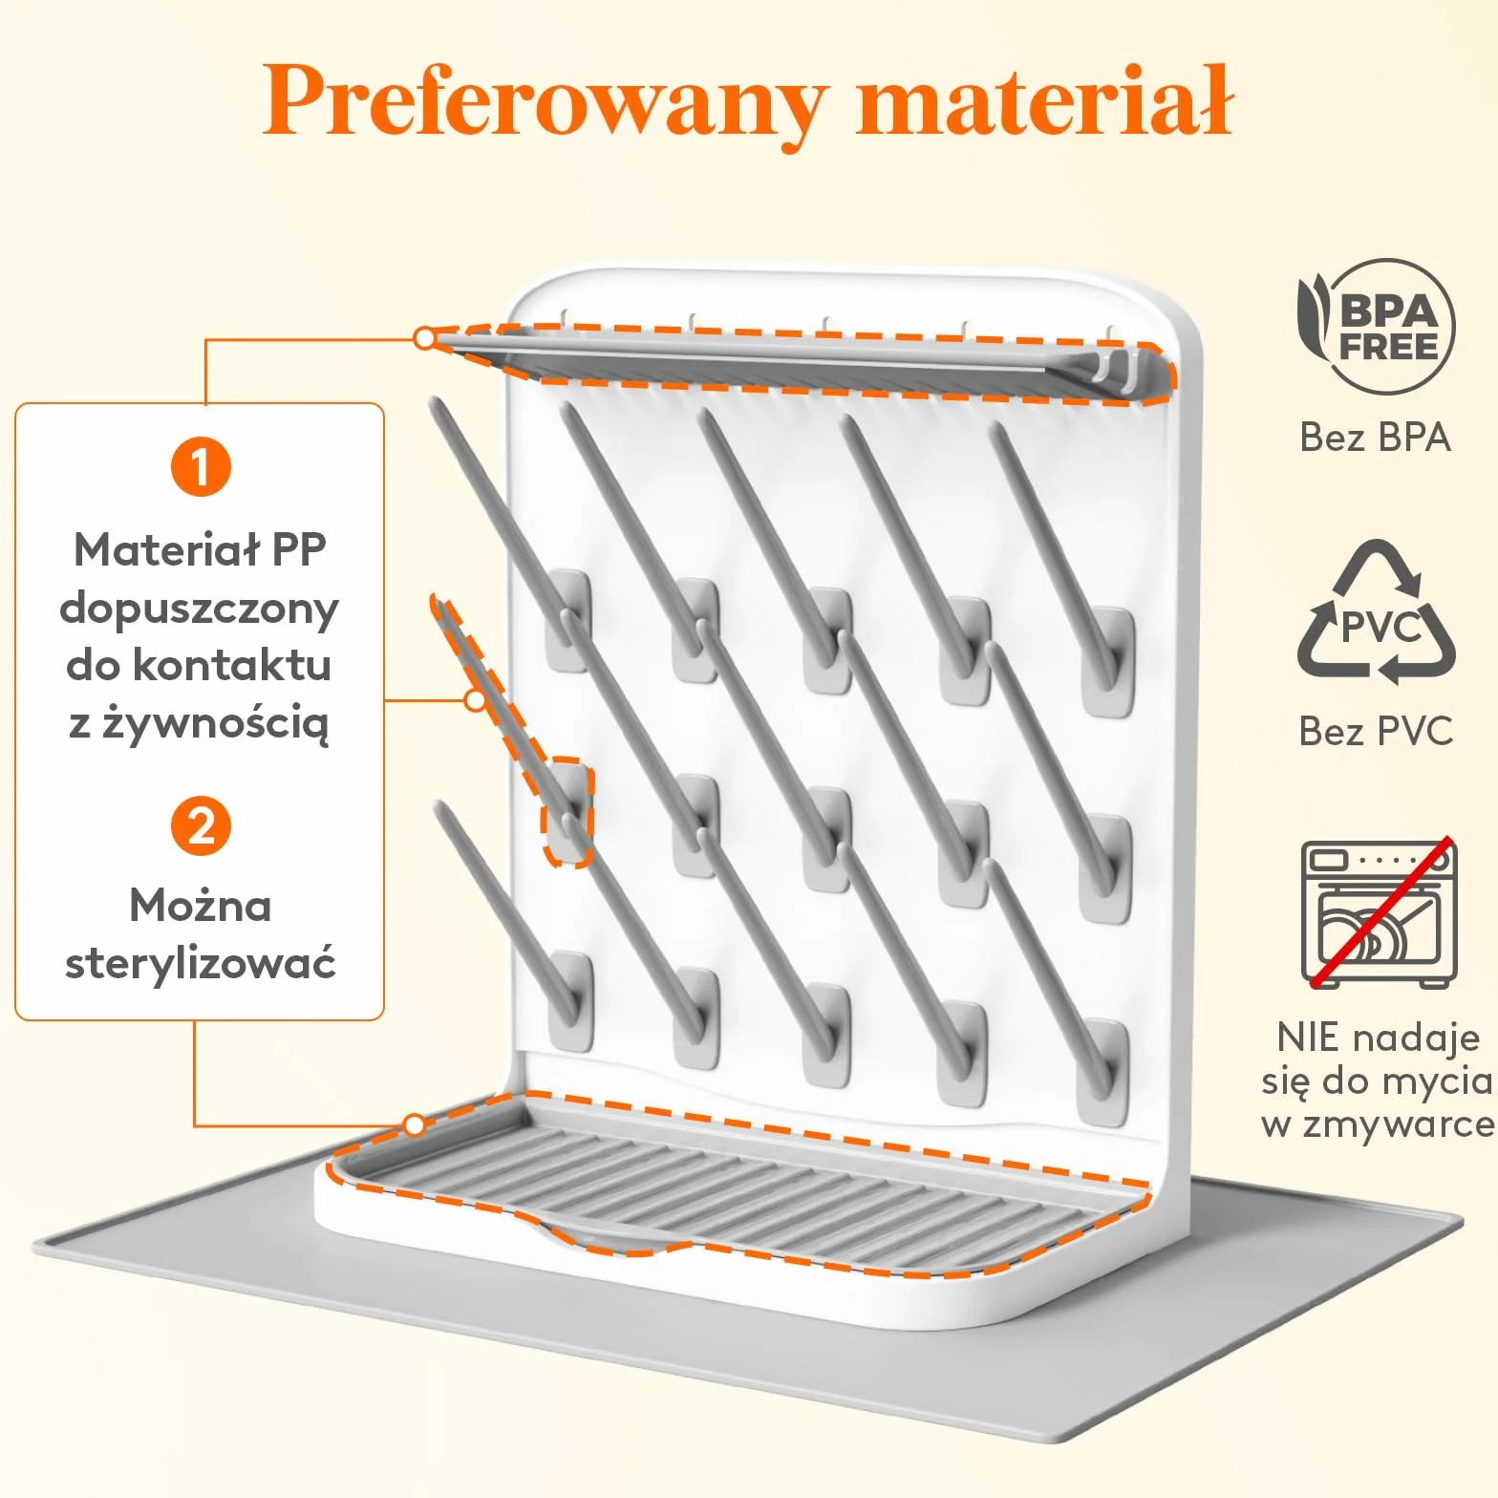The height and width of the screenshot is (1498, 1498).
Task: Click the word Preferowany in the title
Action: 545,101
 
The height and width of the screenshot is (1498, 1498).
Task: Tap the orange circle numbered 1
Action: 201,467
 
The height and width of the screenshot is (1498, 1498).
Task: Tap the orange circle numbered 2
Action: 201,826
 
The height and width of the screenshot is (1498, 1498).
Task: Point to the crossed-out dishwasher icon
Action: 1380,913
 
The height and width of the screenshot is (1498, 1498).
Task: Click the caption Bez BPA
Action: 1376,438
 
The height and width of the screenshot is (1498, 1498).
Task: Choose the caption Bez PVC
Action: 1376,731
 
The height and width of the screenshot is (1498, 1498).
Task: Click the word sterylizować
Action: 201,964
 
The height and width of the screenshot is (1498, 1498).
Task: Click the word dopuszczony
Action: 199,609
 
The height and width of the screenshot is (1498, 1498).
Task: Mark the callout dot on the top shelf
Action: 425,338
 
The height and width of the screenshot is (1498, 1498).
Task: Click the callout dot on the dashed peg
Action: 475,700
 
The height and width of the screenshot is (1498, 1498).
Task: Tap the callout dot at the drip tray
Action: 414,1125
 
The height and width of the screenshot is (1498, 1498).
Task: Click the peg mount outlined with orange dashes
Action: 567,812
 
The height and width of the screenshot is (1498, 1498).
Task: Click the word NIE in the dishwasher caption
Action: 1309,1038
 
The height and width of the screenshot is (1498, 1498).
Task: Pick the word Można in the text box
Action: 201,906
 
